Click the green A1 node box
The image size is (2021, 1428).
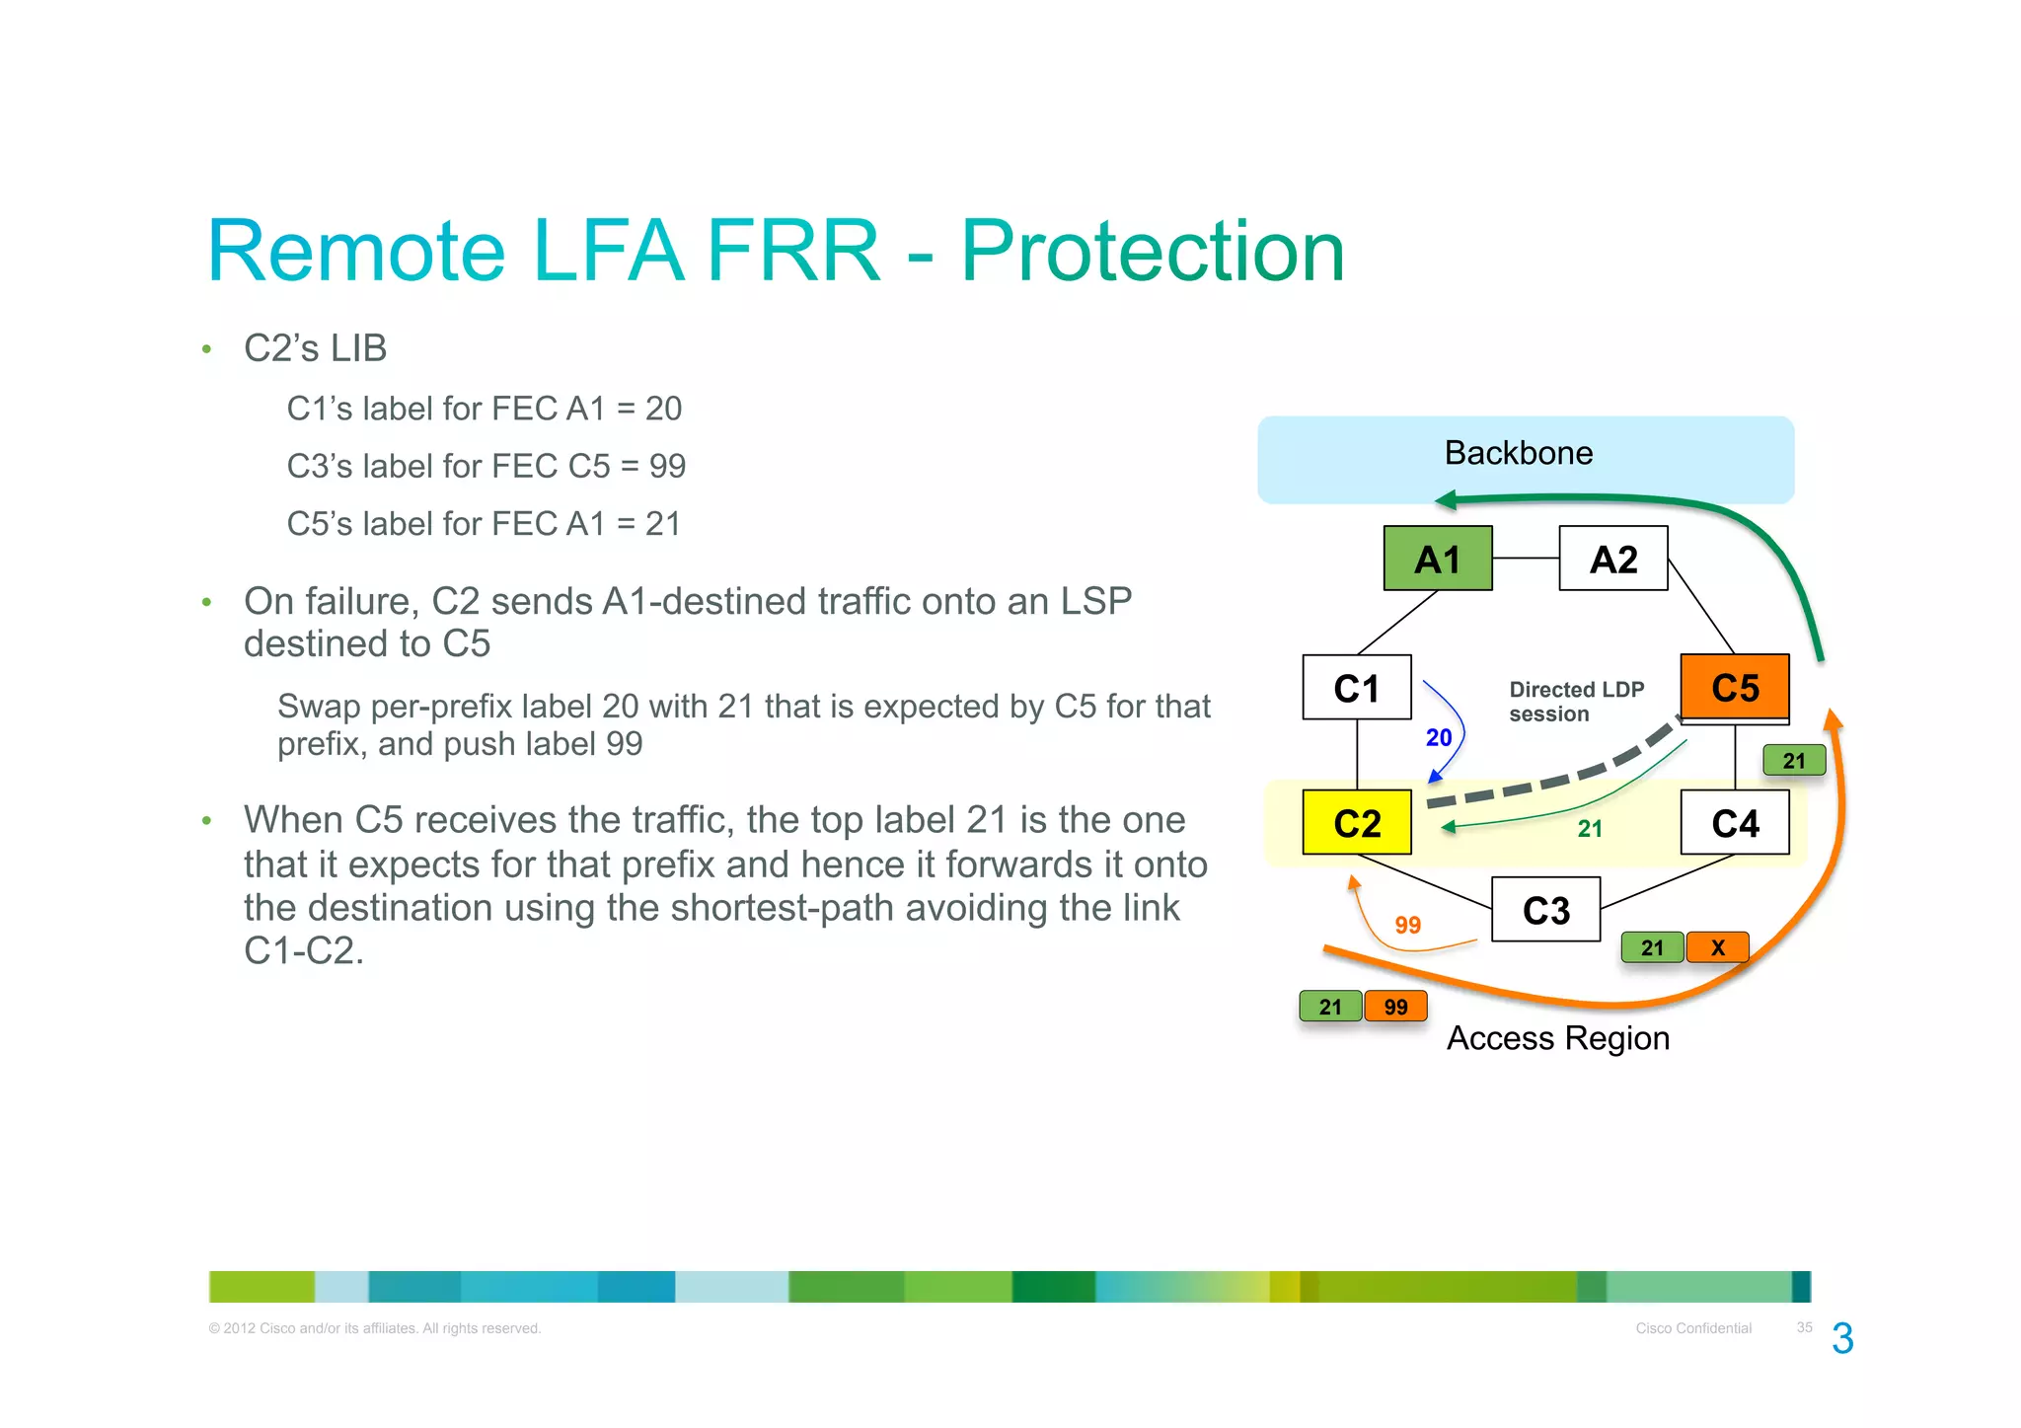click(x=1437, y=559)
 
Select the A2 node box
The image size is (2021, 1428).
click(x=1612, y=559)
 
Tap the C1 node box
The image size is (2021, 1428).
click(x=1356, y=688)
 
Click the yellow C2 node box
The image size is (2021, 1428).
click(x=1356, y=823)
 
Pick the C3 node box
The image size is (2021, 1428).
click(x=1545, y=910)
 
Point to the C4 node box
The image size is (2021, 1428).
click(x=1734, y=823)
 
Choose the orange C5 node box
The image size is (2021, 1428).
click(x=1734, y=688)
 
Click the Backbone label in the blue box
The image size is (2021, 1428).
click(x=1518, y=453)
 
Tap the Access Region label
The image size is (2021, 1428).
click(x=1557, y=1038)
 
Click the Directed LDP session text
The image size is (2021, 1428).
click(x=1575, y=702)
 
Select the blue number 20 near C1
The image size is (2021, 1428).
click(x=1438, y=737)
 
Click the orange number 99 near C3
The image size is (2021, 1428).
click(x=1407, y=925)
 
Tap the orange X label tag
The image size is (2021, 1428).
click(x=1717, y=947)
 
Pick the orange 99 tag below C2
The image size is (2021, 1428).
click(x=1395, y=1007)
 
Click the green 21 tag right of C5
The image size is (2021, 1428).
click(x=1793, y=761)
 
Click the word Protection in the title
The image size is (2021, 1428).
click(x=1152, y=252)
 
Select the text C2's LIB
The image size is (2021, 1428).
click(x=315, y=348)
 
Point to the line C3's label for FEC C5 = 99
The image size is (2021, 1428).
click(x=486, y=466)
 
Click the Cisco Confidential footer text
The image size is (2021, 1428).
click(x=1692, y=1328)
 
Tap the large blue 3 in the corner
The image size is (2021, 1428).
click(x=1841, y=1339)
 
